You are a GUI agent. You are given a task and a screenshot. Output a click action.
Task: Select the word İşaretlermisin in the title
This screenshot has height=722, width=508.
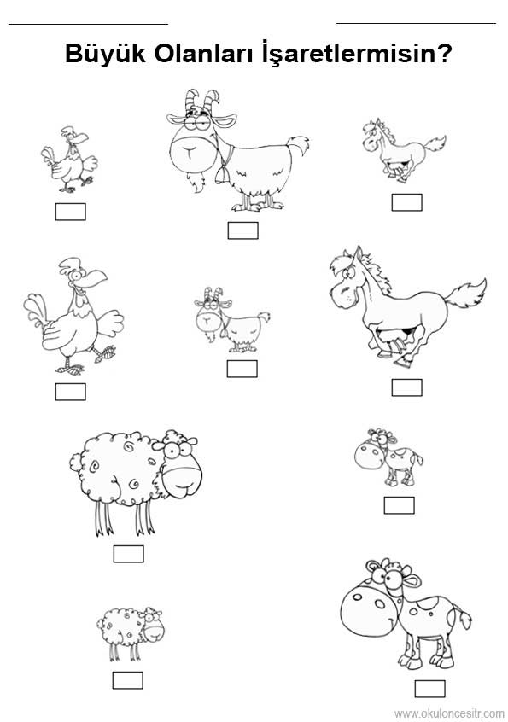pyautogui.click(x=351, y=54)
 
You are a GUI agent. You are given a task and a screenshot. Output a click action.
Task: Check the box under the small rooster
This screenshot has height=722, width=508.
pyautogui.click(x=71, y=212)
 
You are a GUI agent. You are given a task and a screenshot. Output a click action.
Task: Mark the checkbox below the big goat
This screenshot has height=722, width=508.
pyautogui.click(x=242, y=230)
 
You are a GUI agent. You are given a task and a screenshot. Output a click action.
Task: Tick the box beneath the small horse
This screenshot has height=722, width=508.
pyautogui.click(x=406, y=202)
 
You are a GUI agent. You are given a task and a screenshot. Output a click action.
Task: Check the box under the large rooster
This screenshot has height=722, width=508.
pyautogui.click(x=71, y=392)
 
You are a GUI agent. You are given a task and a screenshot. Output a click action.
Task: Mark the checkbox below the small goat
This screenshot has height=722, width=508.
pyautogui.click(x=242, y=369)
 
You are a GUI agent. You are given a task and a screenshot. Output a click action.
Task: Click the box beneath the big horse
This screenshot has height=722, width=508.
pyautogui.click(x=406, y=387)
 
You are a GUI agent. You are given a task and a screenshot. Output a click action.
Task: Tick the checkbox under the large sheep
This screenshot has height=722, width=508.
pyautogui.click(x=129, y=554)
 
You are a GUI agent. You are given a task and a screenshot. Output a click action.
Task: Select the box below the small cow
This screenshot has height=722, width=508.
pyautogui.click(x=399, y=505)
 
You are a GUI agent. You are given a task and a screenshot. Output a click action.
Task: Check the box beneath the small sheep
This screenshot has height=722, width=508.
pyautogui.click(x=127, y=680)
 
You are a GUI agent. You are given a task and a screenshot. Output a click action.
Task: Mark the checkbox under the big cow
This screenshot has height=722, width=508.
pyautogui.click(x=429, y=689)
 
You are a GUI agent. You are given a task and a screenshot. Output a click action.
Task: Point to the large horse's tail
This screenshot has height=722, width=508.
pyautogui.click(x=466, y=299)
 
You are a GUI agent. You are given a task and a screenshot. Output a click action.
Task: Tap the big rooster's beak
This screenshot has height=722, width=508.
pyautogui.click(x=96, y=277)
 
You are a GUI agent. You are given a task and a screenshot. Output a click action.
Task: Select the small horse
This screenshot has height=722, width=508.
pyautogui.click(x=402, y=150)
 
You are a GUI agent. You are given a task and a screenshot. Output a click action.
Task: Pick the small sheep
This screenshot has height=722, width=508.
pyautogui.click(x=130, y=633)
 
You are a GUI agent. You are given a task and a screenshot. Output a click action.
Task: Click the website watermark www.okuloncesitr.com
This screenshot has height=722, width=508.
pyautogui.click(x=449, y=713)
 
